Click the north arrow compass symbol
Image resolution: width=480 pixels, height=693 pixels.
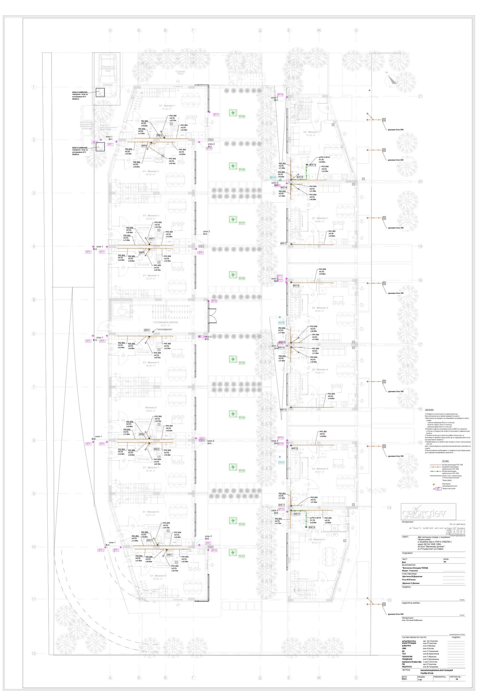[391, 80]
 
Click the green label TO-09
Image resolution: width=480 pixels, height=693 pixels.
[241, 116]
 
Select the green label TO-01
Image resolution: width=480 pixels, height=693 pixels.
[241, 556]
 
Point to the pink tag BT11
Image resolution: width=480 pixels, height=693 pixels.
[216, 115]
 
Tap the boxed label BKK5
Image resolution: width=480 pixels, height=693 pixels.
[147, 330]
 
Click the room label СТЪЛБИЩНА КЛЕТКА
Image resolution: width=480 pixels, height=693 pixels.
[165, 322]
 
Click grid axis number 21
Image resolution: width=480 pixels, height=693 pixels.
[420, 97]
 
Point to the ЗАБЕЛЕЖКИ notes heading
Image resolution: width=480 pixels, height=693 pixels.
[430, 410]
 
